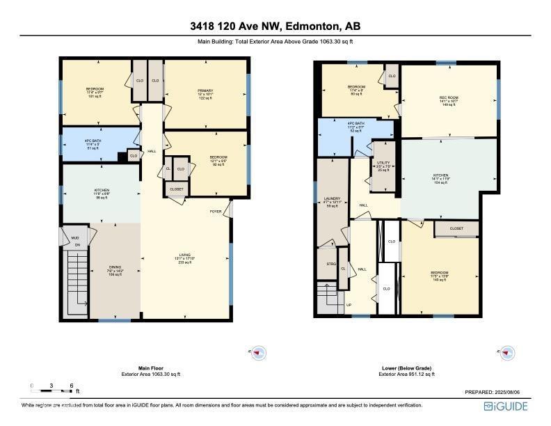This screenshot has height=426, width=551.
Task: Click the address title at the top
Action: (275, 27)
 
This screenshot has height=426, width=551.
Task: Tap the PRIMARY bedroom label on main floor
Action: (205, 90)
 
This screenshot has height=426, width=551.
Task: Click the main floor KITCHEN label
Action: (102, 189)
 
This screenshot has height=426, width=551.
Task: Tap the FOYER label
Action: (216, 211)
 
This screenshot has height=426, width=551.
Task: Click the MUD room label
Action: (76, 237)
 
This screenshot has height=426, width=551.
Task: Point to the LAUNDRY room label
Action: (332, 198)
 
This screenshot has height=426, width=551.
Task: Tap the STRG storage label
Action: (331, 264)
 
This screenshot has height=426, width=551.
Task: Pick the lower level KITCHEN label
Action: (440, 175)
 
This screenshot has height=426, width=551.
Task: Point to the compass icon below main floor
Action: (258, 353)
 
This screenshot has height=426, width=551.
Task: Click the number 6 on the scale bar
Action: (71, 386)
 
